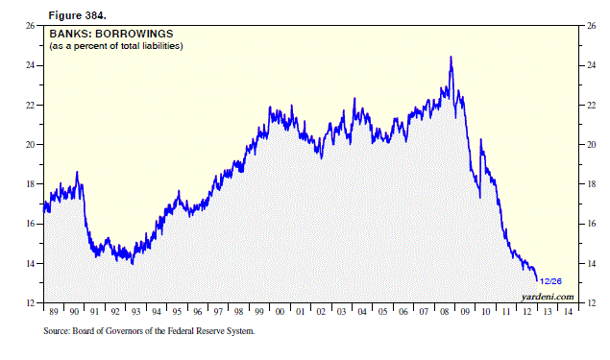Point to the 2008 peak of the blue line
coord(451,58)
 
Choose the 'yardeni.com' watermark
coord(551,296)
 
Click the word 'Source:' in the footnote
coord(61,332)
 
